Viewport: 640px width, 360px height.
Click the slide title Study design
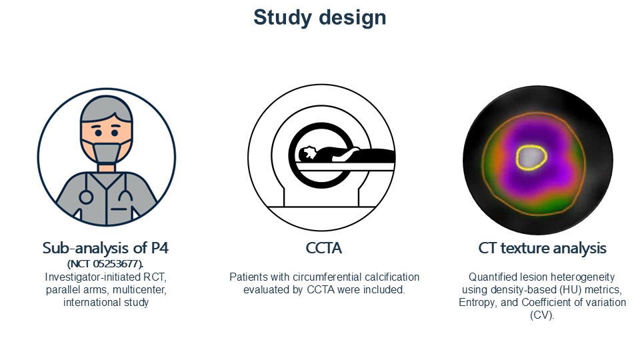319,17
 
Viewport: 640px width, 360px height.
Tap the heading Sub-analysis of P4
105,248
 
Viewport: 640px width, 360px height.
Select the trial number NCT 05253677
105,263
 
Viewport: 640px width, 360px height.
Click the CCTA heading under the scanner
324,248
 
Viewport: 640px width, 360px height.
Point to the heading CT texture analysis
542,248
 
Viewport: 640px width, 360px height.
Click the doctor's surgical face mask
107,152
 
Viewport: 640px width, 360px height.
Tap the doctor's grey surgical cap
107,109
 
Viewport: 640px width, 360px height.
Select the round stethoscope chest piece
86,197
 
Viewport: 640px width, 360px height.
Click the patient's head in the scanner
307,154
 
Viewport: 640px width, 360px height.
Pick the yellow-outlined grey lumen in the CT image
531,157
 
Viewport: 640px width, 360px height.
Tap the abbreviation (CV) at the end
542,315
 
